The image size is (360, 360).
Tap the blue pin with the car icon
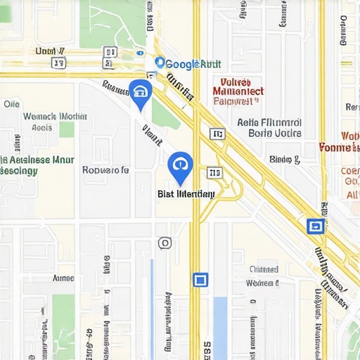point(140,92)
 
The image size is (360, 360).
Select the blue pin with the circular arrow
point(181,166)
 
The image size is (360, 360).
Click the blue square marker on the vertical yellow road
point(200,280)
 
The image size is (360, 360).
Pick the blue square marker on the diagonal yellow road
point(315,226)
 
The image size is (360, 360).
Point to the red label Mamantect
point(238,91)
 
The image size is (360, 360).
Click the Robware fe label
point(105,169)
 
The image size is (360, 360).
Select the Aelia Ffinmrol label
point(269,122)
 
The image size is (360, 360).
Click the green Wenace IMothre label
point(55,117)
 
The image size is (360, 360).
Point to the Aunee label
point(63,278)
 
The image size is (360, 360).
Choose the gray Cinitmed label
point(264,269)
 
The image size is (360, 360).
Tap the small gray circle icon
point(165,243)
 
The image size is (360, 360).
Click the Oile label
point(11,103)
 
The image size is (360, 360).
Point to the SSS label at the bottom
point(207,348)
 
